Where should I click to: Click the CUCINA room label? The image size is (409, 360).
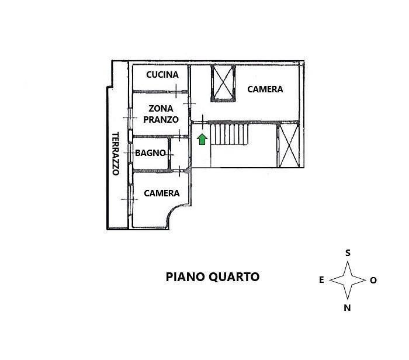coord(162,75)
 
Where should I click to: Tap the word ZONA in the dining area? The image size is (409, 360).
coord(161,108)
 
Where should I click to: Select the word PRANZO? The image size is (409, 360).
coord(161,119)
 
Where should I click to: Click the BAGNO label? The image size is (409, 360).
coord(150,153)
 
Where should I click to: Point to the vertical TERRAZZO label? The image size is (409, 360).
coord(116,154)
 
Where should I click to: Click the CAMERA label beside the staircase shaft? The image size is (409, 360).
coord(265,89)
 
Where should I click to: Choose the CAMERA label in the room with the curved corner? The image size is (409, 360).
coord(162,193)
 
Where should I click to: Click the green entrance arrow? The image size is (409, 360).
coord(202,139)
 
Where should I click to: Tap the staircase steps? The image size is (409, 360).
coord(229,134)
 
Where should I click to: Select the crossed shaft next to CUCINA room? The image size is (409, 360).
coord(223,83)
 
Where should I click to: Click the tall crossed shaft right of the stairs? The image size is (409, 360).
coord(288,146)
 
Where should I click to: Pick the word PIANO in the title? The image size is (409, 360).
coord(185,277)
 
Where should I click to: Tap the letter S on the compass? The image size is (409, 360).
coord(348,253)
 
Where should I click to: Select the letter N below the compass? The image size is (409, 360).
coord(347,308)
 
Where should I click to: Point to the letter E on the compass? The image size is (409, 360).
coord(321,280)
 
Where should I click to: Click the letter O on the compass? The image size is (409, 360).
coord(373,281)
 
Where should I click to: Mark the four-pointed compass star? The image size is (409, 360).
coord(348,280)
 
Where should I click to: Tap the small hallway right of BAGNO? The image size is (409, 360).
coord(180,153)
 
